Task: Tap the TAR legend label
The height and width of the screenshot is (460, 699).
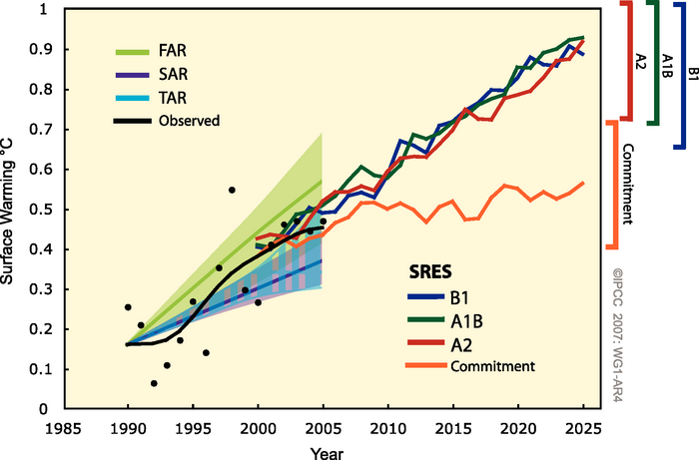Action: point(171,97)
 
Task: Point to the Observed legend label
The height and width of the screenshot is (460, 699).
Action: point(188,121)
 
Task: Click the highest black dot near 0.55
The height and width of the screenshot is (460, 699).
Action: point(232,190)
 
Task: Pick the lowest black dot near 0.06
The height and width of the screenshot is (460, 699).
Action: point(154,383)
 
